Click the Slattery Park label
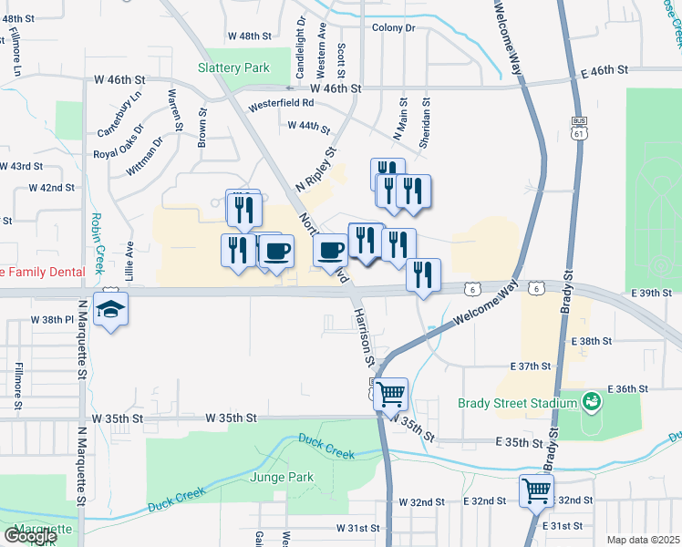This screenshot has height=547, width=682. point(232,67)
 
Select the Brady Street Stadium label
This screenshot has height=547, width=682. point(517,401)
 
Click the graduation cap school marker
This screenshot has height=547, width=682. point(109,310)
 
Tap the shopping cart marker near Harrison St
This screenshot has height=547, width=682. point(390,395)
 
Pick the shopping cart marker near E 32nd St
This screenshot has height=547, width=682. point(536,491)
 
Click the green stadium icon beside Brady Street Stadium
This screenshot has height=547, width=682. point(590,401)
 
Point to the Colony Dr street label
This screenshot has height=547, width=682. point(393,28)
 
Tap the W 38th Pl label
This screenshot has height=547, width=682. point(51,320)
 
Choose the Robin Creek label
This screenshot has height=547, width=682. point(98,241)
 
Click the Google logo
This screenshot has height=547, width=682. point(30,536)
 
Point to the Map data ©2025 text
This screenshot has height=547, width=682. point(643,540)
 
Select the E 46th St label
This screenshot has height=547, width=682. point(604,69)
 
